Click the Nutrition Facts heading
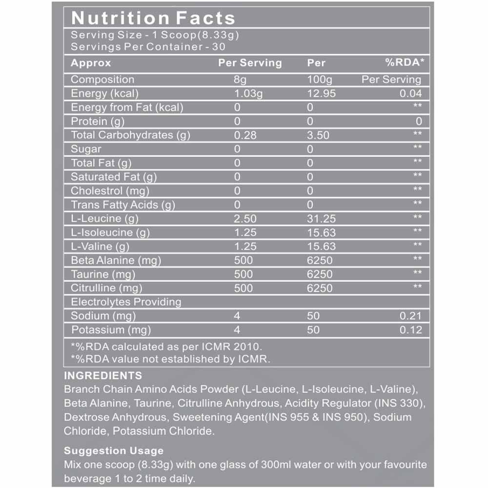153,18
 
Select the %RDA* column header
404,63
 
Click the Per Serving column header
250,63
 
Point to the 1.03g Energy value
248,94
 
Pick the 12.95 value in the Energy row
321,94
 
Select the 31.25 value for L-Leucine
321,219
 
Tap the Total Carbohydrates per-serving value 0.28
244,135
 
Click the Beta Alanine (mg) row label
116,260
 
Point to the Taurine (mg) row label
103,274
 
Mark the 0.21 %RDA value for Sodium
410,316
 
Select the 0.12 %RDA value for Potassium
410,330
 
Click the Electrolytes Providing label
126,302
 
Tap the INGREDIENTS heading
103,376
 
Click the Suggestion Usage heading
114,450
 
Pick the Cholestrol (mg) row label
110,191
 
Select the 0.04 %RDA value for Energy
410,94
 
